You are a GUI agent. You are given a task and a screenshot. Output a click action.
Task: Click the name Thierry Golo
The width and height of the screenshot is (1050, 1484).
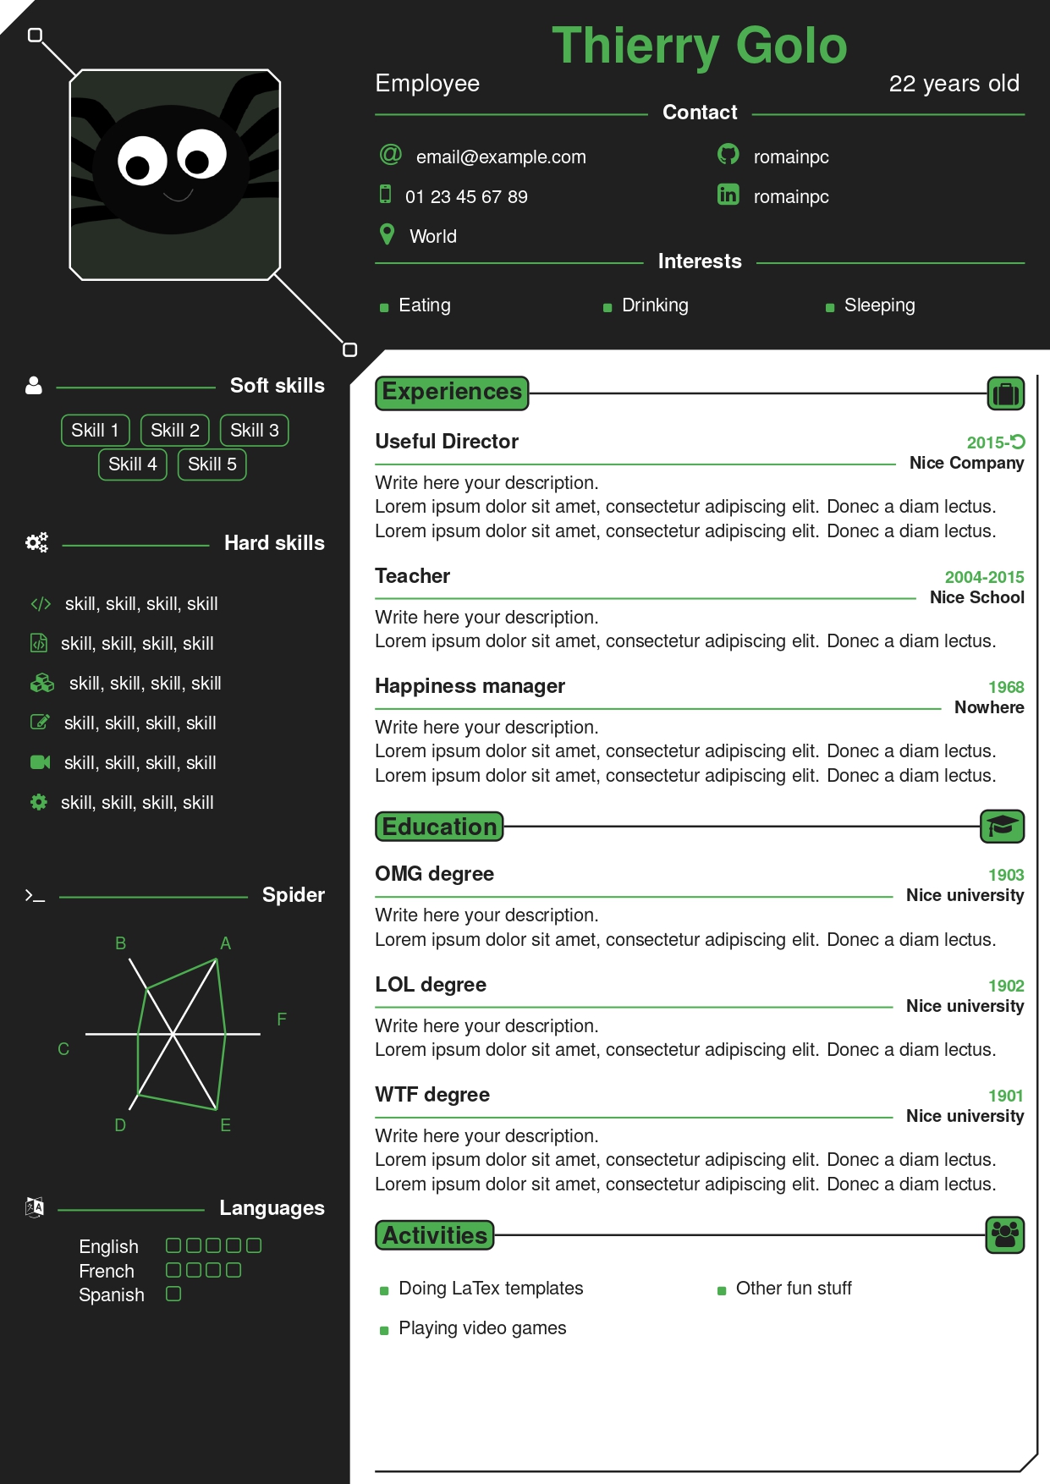699,47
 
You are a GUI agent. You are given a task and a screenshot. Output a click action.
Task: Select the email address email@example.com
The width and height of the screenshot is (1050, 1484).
501,157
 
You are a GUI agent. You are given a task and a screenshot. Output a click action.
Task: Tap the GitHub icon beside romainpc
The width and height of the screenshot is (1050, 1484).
728,154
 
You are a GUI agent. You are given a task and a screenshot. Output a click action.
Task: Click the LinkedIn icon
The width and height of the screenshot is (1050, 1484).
728,195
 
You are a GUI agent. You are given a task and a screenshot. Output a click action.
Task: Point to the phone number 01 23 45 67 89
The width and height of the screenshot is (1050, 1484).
466,197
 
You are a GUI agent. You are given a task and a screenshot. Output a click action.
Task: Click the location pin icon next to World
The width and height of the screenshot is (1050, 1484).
388,234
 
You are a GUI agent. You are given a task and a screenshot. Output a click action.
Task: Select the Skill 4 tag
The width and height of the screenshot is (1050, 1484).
133,464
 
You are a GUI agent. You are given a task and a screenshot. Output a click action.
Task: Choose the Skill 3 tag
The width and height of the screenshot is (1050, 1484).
255,431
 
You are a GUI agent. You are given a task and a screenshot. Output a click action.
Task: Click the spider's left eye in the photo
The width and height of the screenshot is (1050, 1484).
141,161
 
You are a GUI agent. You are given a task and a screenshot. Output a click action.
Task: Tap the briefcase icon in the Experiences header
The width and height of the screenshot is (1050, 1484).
1006,393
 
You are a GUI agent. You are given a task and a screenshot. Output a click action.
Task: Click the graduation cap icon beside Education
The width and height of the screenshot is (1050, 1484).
1003,827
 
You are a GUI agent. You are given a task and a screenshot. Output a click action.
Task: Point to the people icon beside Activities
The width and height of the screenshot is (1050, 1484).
1005,1235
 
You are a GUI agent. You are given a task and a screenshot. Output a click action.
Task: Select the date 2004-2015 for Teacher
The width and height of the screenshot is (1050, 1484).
984,577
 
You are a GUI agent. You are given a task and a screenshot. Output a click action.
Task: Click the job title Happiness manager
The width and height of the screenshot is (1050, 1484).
470,686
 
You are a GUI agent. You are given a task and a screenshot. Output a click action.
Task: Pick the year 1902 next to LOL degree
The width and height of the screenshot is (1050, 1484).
1006,986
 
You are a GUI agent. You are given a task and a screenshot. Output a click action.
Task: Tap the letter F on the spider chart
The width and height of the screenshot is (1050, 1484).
282,1020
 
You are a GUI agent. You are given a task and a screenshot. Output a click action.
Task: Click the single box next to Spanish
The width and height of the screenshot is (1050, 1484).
173,1294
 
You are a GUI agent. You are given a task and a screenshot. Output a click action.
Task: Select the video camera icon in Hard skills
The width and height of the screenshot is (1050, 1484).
41,762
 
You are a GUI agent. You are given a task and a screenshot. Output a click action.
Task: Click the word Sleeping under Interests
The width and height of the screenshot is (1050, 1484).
879,305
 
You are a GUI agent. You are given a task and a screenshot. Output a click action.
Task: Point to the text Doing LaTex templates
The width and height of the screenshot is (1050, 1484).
491,1289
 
